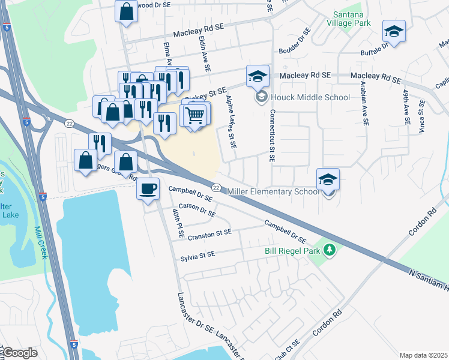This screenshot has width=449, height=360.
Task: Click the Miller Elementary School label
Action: coord(274,191)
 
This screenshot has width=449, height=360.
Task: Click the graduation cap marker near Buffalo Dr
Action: coord(394,32)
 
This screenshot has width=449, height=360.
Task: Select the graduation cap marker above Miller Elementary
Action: coord(328,179)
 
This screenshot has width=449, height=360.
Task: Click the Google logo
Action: coord(19,353)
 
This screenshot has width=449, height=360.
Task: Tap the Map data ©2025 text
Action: coord(423,355)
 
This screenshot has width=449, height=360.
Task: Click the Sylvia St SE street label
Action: coord(197,255)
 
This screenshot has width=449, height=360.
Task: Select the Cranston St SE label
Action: coord(209,235)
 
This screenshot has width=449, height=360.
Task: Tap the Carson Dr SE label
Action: coord(197,209)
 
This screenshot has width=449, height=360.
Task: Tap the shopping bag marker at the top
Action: coord(127,12)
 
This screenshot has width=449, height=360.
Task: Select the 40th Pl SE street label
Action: coord(178,223)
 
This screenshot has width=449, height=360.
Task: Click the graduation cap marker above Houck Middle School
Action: coord(257,76)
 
